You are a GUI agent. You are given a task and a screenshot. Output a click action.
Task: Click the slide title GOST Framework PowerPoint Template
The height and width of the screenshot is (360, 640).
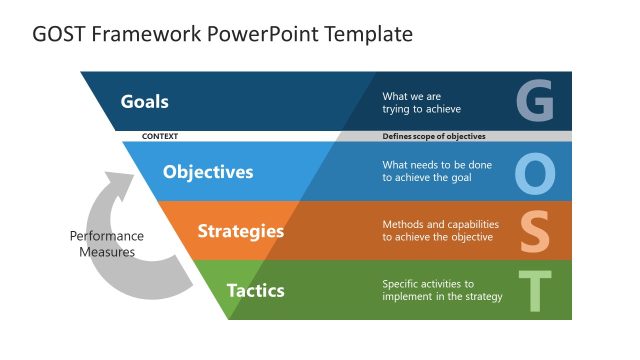pos(222,35)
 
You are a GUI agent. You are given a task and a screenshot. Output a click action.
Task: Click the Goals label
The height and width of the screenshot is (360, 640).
pos(144,101)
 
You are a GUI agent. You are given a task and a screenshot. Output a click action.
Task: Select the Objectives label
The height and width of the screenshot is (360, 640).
pos(208,171)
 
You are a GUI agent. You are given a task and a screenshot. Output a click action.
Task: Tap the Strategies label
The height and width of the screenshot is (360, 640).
pos(240,231)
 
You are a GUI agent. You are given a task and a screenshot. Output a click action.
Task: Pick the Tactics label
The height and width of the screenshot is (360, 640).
pos(255,291)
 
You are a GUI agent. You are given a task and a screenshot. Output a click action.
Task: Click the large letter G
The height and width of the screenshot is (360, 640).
pos(534,101)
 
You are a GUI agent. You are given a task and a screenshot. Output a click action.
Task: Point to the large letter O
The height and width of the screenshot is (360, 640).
pos(535,172)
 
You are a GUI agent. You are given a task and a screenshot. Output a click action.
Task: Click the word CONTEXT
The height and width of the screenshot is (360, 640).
pos(160,136)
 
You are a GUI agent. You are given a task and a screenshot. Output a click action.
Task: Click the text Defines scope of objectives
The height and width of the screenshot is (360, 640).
pos(434,136)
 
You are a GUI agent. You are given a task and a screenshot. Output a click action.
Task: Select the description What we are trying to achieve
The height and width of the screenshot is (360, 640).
pos(421,102)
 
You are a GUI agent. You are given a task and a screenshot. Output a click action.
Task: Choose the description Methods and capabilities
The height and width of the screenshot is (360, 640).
pos(437,231)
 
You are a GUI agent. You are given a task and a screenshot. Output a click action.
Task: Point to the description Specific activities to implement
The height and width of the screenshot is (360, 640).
pos(441,290)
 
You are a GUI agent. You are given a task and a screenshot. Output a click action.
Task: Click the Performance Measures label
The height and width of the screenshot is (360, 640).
pos(106,244)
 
